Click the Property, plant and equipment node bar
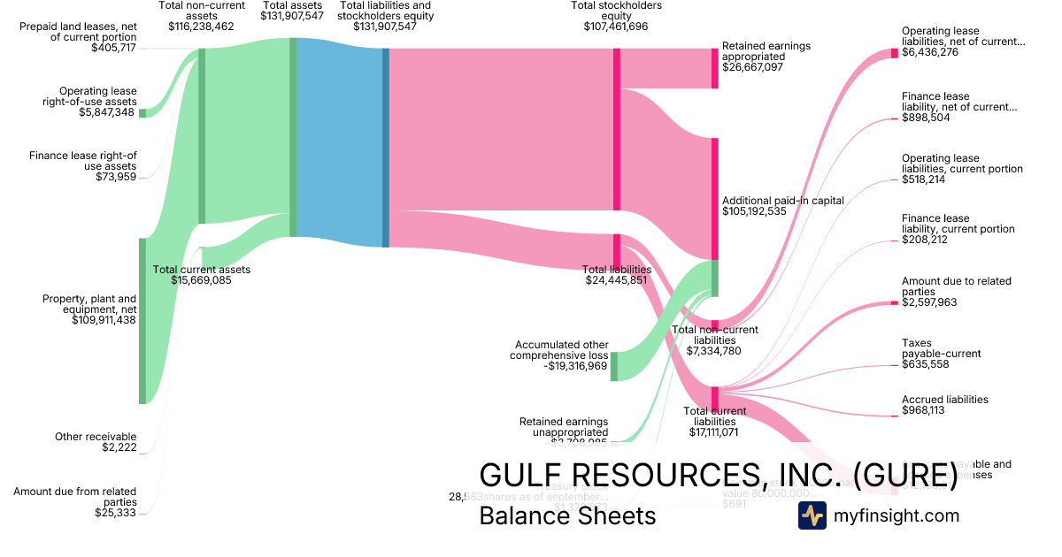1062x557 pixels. (x=142, y=320)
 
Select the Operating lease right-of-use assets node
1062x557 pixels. (x=142, y=112)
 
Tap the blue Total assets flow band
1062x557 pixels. (x=339, y=142)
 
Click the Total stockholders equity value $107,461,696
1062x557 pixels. (x=616, y=27)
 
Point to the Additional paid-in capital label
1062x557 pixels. (x=783, y=200)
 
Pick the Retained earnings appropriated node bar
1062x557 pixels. (x=715, y=68)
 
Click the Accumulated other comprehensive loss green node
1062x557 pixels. (x=614, y=366)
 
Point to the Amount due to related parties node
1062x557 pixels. (x=894, y=303)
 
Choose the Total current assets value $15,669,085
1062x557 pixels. (x=202, y=280)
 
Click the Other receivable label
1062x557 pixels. (x=96, y=437)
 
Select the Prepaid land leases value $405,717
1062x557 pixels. (x=113, y=48)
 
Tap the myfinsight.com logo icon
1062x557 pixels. (x=812, y=515)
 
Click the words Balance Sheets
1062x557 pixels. (x=567, y=515)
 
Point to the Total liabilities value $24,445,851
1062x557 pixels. (x=617, y=280)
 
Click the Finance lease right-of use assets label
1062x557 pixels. (x=83, y=161)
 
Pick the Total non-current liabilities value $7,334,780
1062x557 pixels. (x=713, y=351)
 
